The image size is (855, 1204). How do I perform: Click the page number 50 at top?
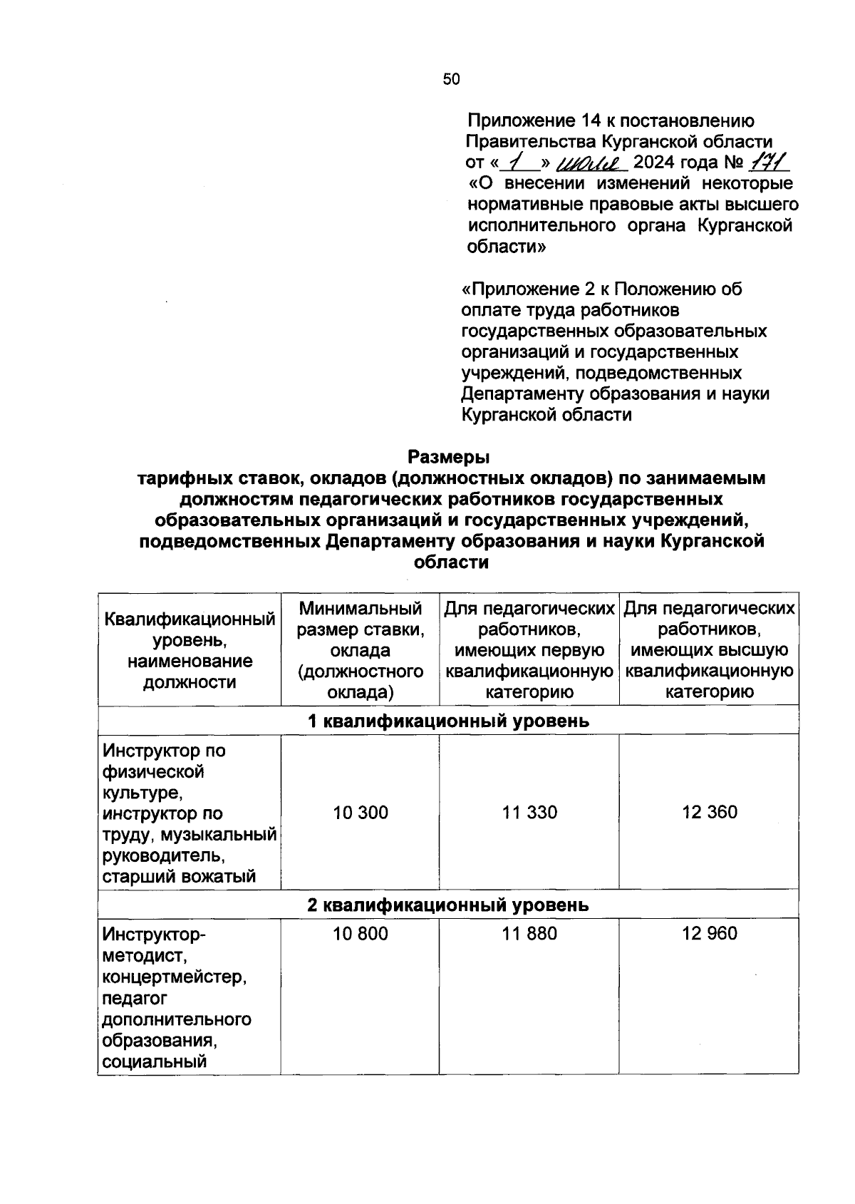pos(451,79)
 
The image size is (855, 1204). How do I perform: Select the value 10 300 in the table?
pos(361,812)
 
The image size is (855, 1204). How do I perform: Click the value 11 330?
pos(529,812)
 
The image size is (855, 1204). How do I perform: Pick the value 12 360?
pos(709,812)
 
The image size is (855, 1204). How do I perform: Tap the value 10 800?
pos(361,933)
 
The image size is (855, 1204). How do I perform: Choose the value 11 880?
pos(529,933)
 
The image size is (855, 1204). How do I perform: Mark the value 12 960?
pos(709,933)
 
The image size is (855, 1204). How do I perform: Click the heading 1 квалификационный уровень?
pos(448,721)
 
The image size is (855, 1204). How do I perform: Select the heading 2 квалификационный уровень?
pos(448,905)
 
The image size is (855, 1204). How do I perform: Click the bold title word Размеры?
pos(449,456)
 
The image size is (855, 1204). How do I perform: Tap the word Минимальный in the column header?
pos(361,609)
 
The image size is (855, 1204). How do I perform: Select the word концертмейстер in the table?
pos(175,977)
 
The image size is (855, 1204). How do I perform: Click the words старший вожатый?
pos(179,876)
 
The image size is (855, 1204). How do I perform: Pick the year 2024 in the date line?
pos(654,163)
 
